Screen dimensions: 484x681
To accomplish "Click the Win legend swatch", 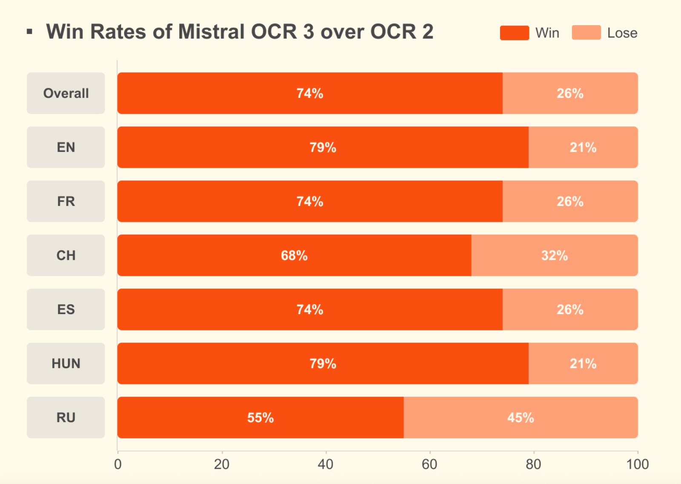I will pos(514,33).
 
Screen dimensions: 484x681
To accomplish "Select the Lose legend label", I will pos(622,33).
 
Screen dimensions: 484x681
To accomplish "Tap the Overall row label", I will pos(66,93).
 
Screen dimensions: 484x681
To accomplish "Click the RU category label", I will pos(66,417).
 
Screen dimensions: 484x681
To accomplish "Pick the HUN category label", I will pos(66,363).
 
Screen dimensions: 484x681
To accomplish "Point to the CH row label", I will pos(66,255).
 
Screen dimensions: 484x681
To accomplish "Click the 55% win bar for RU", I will pos(260,417).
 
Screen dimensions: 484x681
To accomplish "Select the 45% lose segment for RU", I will pos(520,417).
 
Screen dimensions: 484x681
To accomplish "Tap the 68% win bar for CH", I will pos(294,255).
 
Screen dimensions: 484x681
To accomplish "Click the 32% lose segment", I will pos(554,255).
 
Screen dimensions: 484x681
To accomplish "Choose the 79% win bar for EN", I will pos(323,147).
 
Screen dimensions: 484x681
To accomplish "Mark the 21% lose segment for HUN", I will pos(583,363).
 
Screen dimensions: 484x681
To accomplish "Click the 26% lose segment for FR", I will pos(570,201).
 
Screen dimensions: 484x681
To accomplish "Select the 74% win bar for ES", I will pos(309,309).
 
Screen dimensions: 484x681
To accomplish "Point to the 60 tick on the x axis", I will pos(429,464).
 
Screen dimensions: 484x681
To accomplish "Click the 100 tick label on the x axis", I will pos(637,464).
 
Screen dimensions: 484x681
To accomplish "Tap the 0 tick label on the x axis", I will pos(118,464).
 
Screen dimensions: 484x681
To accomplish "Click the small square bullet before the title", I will pos(29,31).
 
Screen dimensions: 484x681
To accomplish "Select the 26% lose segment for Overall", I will pos(570,93).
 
